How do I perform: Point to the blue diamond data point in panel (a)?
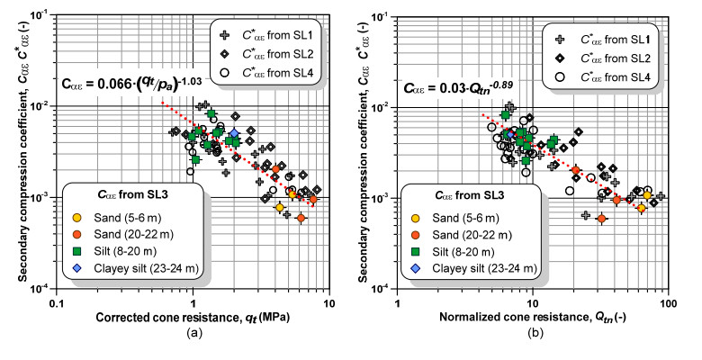[x=234, y=133]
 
